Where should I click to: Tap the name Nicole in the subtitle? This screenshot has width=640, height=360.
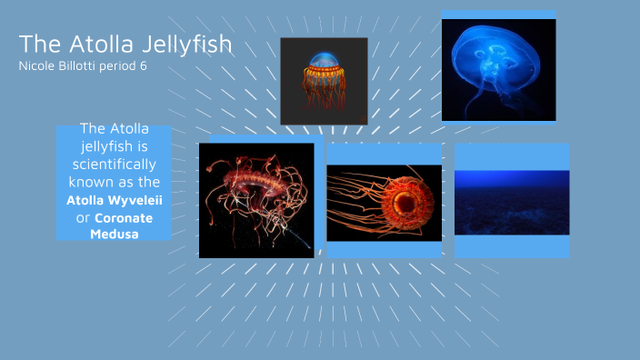click(37, 65)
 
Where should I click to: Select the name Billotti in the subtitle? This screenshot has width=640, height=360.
click(83, 65)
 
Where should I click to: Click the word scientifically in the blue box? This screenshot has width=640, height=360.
click(114, 165)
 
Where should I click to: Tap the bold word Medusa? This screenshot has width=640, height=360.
click(114, 235)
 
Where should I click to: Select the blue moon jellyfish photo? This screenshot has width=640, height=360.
click(498, 68)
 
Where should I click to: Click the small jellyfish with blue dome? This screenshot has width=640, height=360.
click(324, 80)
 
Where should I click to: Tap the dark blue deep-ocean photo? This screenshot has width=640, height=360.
click(512, 202)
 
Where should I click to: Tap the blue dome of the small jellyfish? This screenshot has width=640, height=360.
click(324, 64)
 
